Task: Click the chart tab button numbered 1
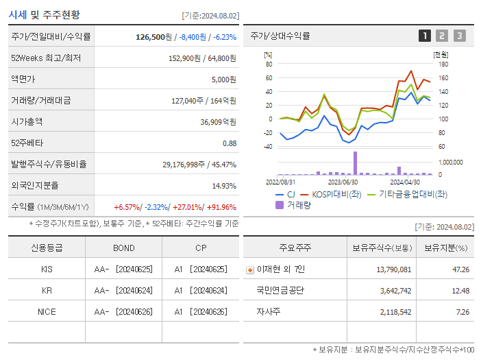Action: [425, 36]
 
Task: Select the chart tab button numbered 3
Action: [459, 36]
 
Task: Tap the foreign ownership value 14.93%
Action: [224, 185]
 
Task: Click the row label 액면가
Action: [27, 79]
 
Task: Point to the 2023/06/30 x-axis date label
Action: [343, 182]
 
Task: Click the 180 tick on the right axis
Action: [443, 64]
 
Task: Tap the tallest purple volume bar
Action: [355, 163]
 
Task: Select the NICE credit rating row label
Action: [47, 311]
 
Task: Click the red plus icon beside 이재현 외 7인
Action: [249, 269]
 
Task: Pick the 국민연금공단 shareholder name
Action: [280, 290]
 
